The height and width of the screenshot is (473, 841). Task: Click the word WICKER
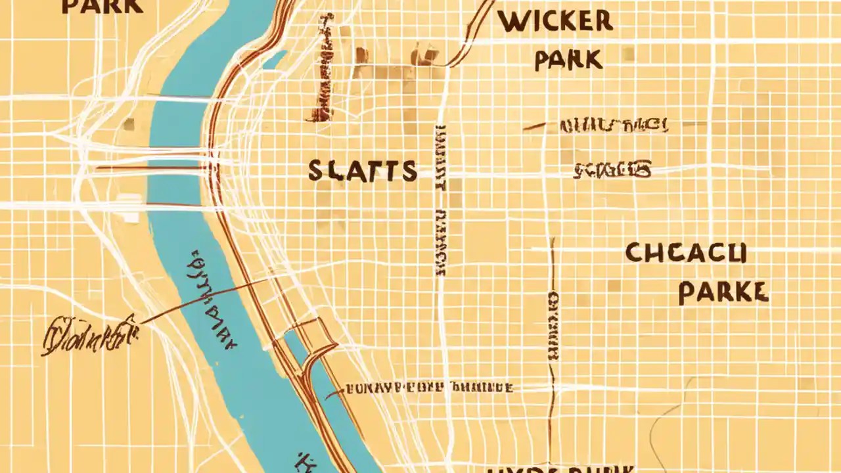[555, 21]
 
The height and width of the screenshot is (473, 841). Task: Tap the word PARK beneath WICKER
[568, 60]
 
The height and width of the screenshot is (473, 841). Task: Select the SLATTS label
[363, 171]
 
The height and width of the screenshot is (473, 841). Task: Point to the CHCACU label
[686, 253]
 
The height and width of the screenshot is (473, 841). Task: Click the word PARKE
[723, 292]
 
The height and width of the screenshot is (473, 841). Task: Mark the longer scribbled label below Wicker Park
[614, 125]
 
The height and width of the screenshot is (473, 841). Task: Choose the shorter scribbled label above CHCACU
[612, 171]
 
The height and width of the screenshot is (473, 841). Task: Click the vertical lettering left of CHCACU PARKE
[553, 325]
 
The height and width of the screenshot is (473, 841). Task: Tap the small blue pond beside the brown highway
[275, 60]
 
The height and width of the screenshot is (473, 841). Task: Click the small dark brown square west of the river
[129, 124]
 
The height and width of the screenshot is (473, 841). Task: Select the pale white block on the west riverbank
[129, 208]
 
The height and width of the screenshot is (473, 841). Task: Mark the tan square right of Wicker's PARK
[628, 54]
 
